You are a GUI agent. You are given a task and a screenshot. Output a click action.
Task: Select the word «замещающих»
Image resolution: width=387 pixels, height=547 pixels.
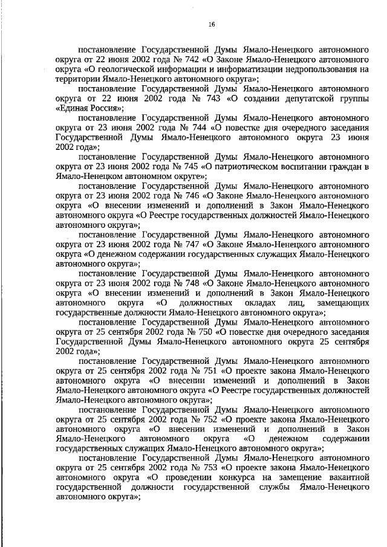[x=343, y=302]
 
